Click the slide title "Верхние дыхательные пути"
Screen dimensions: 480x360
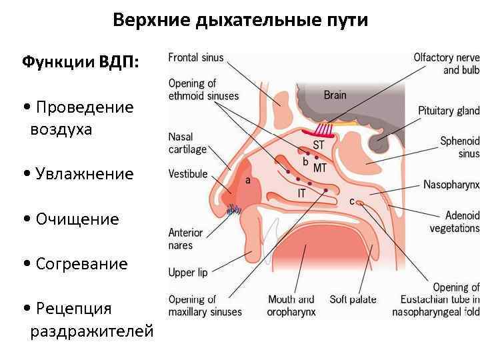click(240, 20)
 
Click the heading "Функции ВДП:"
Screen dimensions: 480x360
click(81, 62)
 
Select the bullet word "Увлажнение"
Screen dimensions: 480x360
click(85, 174)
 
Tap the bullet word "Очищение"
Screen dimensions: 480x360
click(77, 219)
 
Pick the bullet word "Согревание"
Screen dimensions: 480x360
click(81, 264)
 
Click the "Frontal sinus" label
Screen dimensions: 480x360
click(196, 57)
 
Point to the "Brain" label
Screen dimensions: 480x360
click(335, 95)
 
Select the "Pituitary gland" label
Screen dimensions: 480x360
click(449, 111)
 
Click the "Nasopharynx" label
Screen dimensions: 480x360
click(451, 185)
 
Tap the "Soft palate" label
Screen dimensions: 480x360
click(353, 299)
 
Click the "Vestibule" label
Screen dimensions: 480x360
click(188, 175)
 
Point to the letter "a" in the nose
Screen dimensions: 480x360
click(248, 180)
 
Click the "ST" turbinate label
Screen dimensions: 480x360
click(319, 144)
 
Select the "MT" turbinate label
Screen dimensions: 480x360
click(319, 166)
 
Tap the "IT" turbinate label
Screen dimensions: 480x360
click(301, 193)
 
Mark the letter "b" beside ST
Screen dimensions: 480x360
click(305, 161)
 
